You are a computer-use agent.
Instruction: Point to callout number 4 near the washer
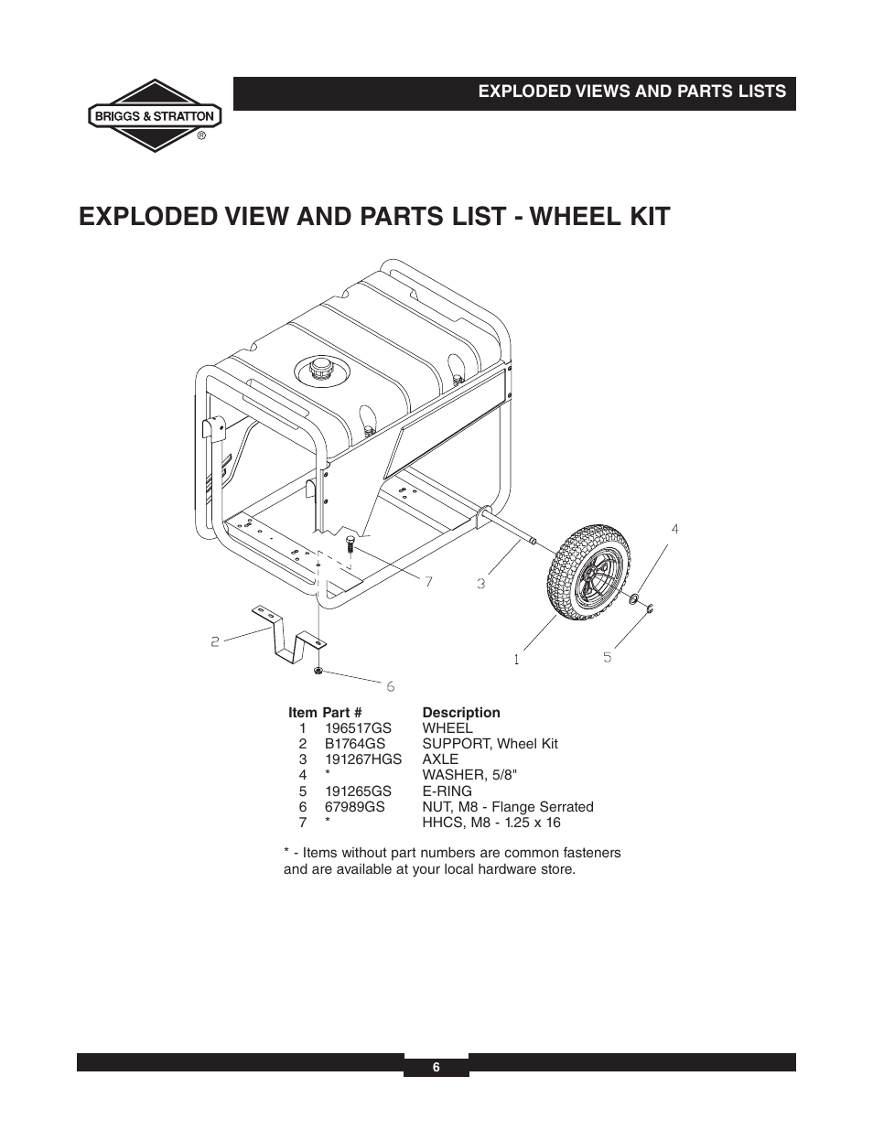(674, 529)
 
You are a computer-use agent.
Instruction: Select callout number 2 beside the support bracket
(215, 641)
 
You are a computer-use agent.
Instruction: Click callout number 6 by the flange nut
(390, 685)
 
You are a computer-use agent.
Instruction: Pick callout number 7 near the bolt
(427, 581)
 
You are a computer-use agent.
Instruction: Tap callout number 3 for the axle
(480, 582)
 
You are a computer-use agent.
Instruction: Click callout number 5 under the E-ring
(607, 656)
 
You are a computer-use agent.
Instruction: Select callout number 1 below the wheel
(517, 658)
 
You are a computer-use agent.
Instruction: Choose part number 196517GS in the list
(358, 728)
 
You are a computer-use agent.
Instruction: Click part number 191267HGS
(362, 759)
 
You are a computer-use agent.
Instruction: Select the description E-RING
(447, 791)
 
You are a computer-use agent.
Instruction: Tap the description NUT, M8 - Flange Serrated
(507, 807)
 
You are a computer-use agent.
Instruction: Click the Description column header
(460, 712)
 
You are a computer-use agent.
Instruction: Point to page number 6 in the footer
(436, 1067)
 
